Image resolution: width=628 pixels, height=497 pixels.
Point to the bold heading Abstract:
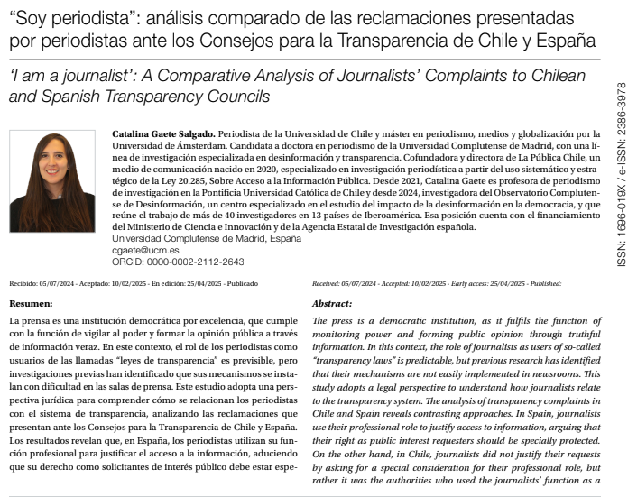331,304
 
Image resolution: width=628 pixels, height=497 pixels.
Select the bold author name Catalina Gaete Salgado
162,132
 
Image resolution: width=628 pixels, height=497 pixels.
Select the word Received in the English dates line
327,282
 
